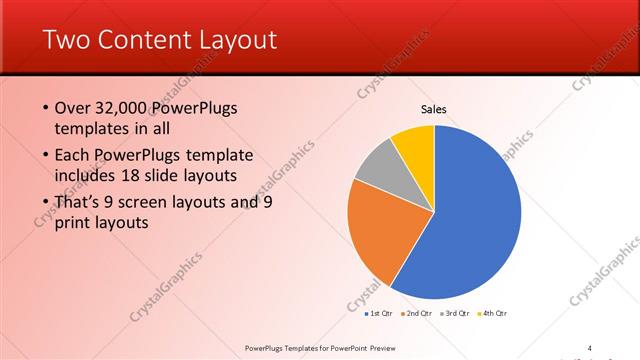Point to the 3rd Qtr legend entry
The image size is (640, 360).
[457, 314]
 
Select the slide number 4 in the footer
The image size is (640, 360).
[589, 347]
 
